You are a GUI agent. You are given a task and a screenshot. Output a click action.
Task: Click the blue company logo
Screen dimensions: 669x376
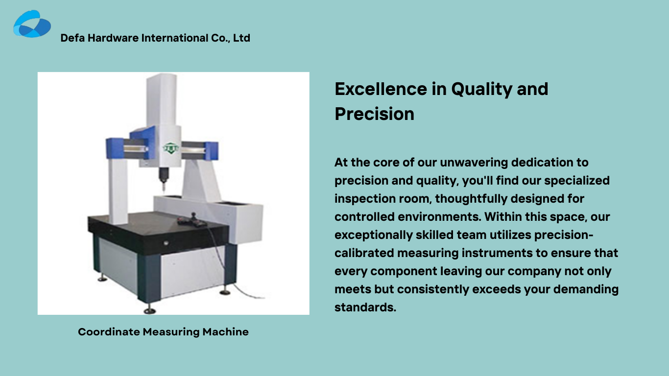(x=32, y=24)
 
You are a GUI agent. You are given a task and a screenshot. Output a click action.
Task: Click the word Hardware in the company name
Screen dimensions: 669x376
(x=113, y=38)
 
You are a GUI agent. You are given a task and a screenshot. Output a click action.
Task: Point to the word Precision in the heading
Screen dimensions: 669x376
(x=375, y=114)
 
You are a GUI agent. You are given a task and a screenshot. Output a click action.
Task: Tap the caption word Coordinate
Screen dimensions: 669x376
(x=109, y=332)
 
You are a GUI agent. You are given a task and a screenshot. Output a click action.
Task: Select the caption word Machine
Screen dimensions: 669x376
(x=225, y=332)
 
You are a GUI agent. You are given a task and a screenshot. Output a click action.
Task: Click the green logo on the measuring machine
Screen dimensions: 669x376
(x=170, y=148)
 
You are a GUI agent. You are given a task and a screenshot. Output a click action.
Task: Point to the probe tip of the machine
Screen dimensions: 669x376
(x=164, y=189)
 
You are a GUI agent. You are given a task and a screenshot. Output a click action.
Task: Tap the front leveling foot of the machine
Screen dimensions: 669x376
(x=150, y=310)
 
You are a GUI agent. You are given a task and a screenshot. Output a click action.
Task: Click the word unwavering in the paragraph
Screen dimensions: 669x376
(x=474, y=163)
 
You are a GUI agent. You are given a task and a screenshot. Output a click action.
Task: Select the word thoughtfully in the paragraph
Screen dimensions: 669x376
(x=471, y=199)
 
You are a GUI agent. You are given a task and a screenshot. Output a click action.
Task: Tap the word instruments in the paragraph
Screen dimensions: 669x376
(x=497, y=253)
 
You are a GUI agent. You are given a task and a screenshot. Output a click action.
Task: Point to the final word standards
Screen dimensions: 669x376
(x=365, y=307)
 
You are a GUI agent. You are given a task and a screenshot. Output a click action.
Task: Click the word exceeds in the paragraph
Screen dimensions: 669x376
(x=497, y=289)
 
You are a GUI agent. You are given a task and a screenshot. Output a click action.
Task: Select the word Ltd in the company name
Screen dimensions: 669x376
(x=241, y=38)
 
